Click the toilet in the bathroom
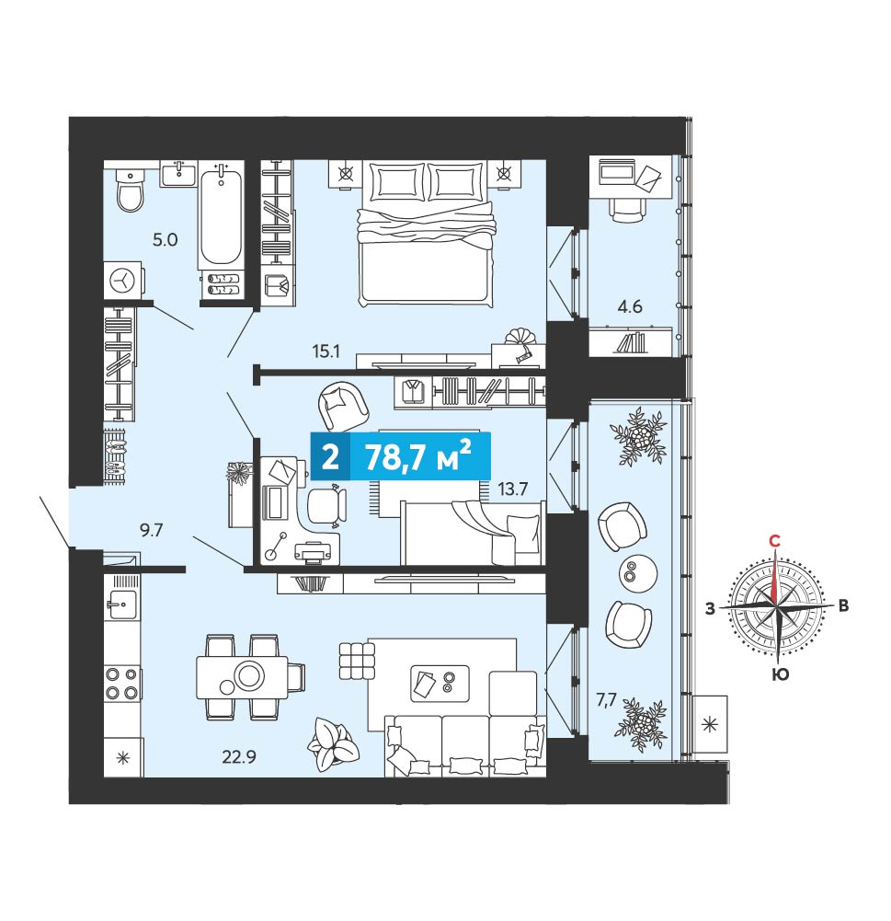tap(130, 189)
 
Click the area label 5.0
tap(165, 239)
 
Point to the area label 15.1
tap(326, 351)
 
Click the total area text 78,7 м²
tap(418, 456)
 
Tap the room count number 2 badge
tap(330, 456)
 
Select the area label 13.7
tap(513, 489)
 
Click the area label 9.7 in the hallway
tap(151, 530)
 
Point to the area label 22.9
tap(239, 757)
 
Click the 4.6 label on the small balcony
tap(630, 306)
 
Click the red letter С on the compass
tap(775, 541)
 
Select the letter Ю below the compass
tap(780, 674)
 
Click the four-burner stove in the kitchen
tap(123, 684)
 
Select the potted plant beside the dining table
tap(332, 744)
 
